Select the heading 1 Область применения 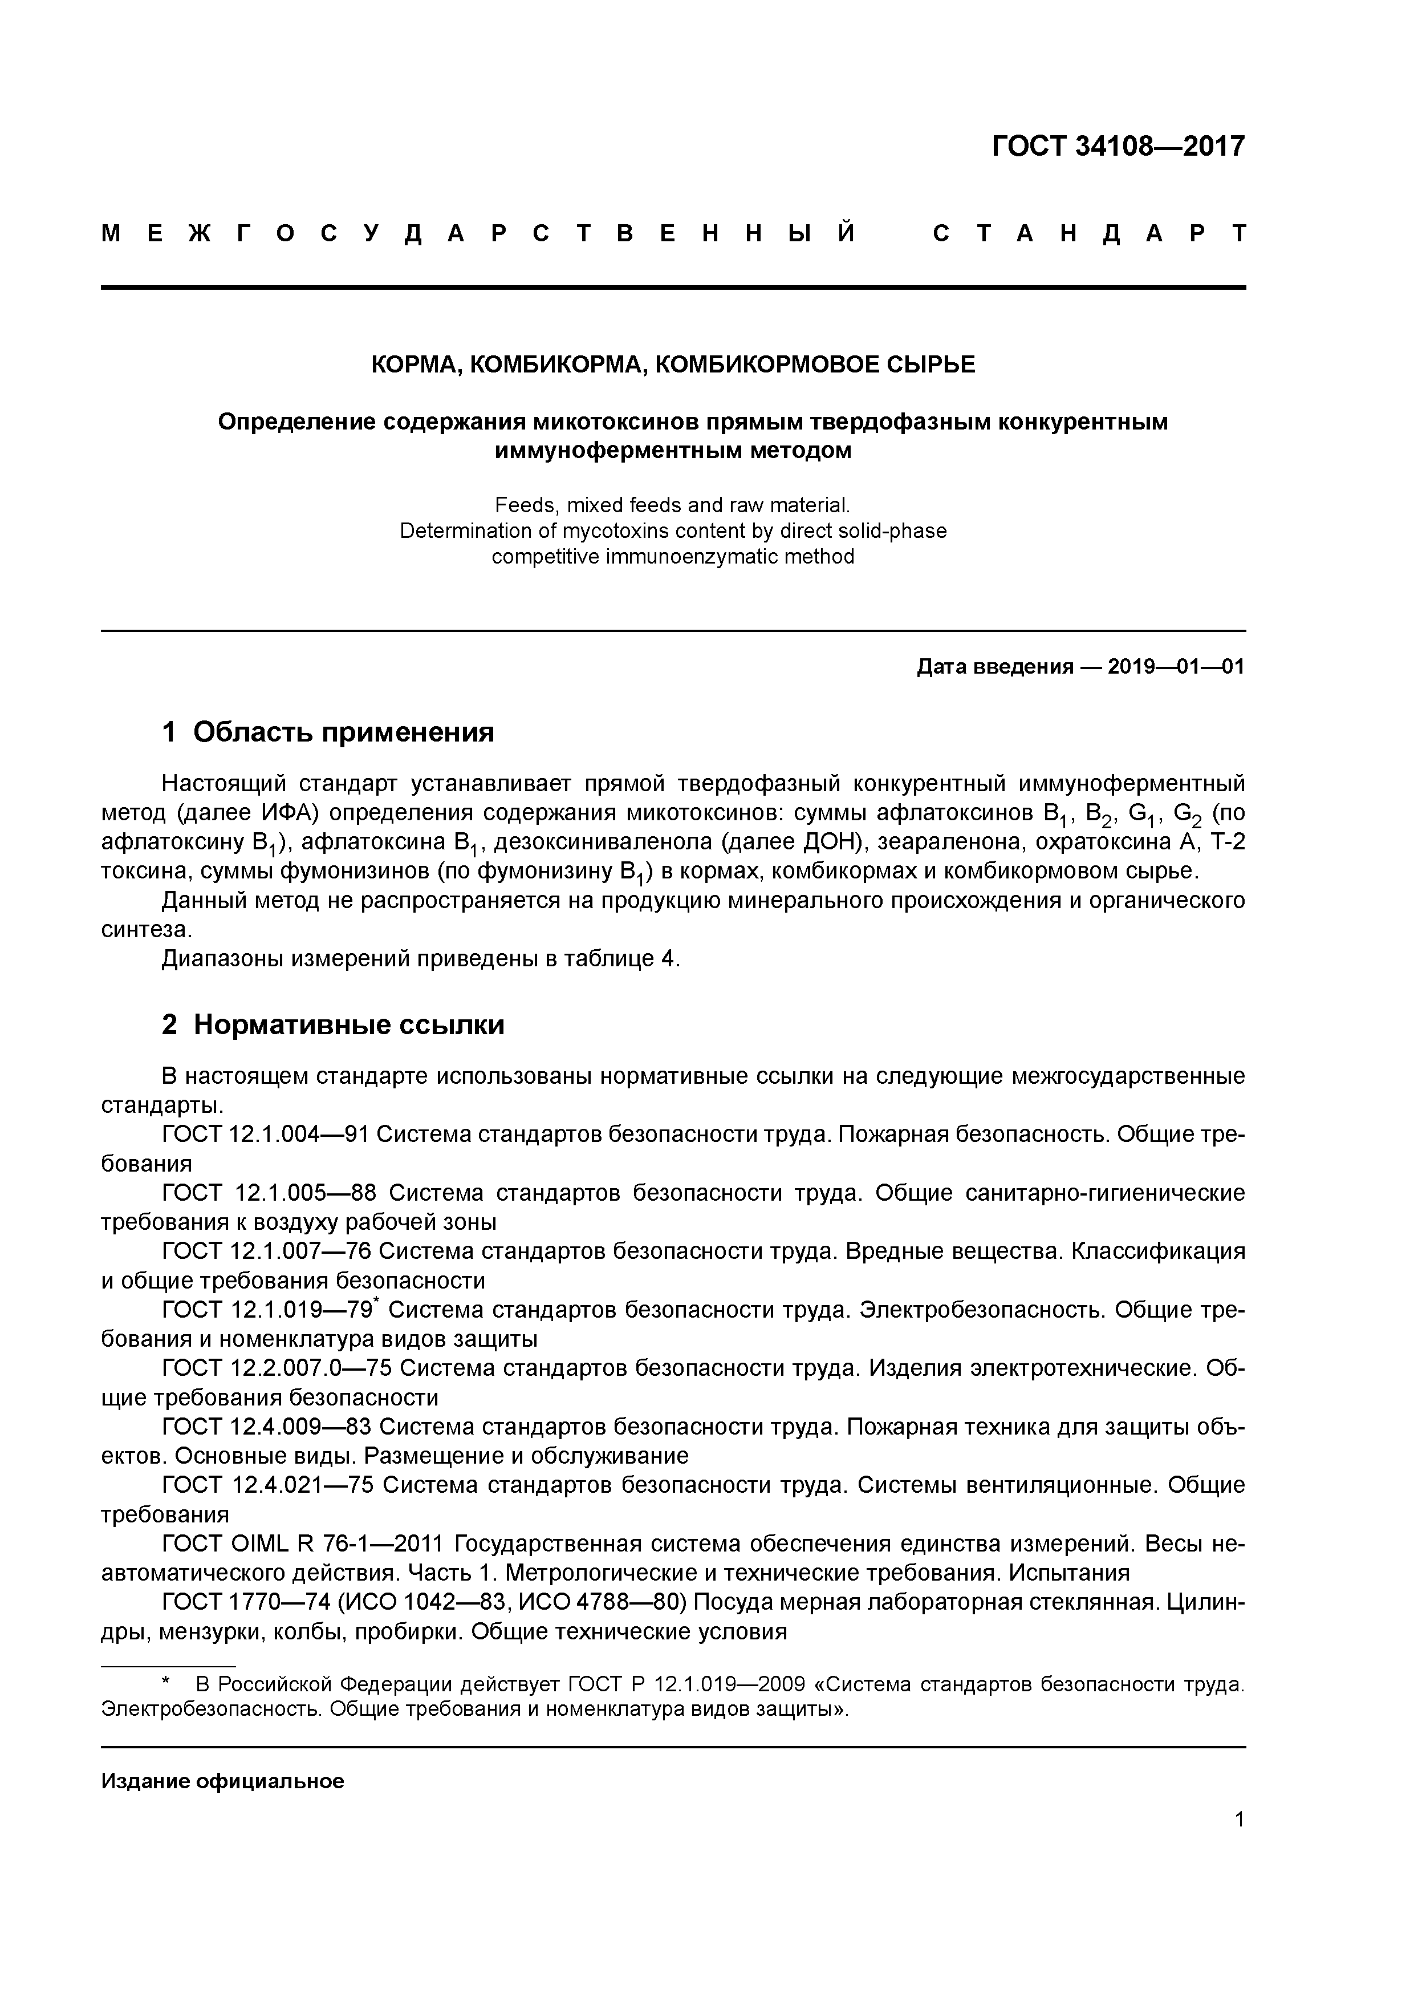[328, 732]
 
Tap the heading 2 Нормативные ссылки [333, 1025]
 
